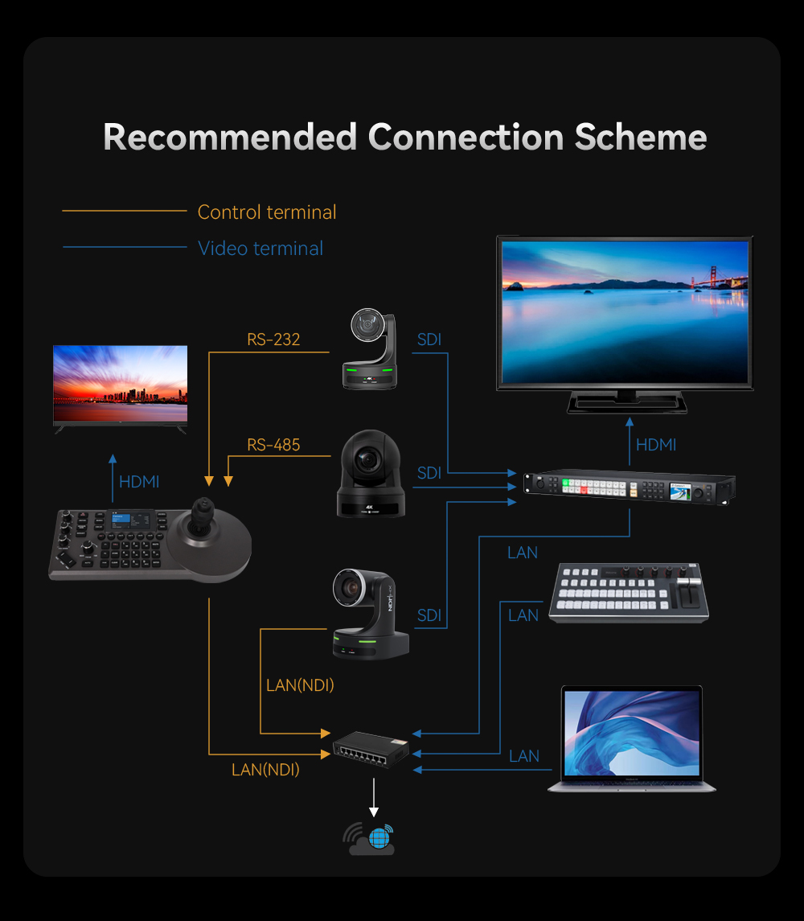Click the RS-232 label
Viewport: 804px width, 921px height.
273,339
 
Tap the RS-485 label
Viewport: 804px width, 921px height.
273,446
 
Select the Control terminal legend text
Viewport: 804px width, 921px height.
267,212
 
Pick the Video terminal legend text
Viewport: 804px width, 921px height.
260,249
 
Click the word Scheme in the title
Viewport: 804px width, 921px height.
640,137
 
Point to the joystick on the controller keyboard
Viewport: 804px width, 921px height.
203,517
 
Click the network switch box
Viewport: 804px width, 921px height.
371,749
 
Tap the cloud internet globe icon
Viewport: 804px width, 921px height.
369,839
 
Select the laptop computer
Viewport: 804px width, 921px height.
631,739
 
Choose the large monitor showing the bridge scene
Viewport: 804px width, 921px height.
625,324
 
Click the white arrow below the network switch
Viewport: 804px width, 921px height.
374,798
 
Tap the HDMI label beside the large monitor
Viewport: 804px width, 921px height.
656,446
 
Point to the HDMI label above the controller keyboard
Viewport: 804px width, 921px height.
139,483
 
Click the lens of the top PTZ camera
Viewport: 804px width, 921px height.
367,323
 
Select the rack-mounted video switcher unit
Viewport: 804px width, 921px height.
630,487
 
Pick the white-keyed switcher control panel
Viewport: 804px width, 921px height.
629,593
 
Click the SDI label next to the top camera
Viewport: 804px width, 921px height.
429,339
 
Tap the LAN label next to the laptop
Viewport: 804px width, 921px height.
524,756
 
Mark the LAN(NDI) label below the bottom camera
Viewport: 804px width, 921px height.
300,685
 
